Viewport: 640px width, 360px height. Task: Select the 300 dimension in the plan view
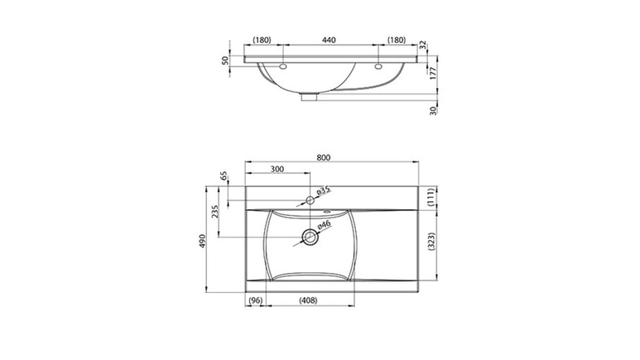click(277, 169)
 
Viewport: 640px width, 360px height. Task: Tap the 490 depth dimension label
click(203, 240)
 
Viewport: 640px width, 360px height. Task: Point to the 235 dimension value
click(215, 211)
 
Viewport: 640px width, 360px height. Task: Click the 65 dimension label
click(224, 176)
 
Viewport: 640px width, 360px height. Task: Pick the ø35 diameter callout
click(323, 190)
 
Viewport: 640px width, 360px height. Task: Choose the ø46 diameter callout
click(323, 225)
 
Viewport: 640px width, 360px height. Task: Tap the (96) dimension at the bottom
click(256, 300)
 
